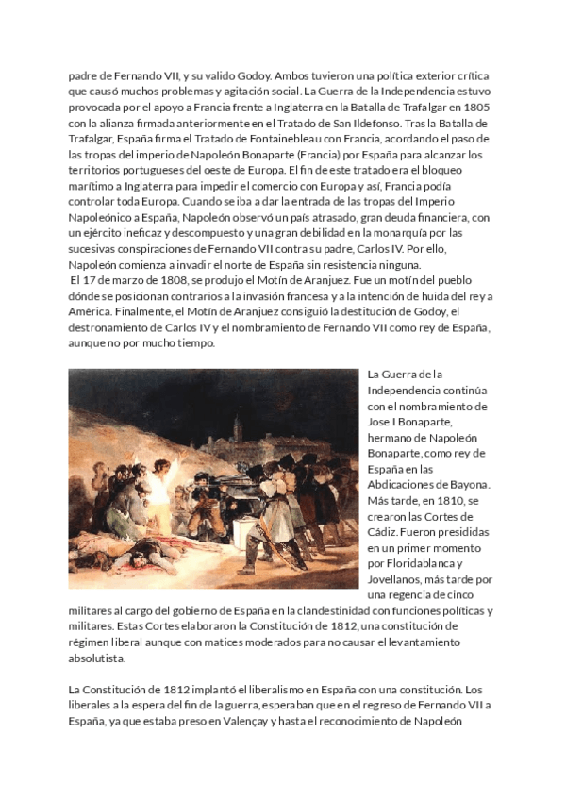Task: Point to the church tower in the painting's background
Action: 237,429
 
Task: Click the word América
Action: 94,312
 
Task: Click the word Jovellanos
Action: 397,580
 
